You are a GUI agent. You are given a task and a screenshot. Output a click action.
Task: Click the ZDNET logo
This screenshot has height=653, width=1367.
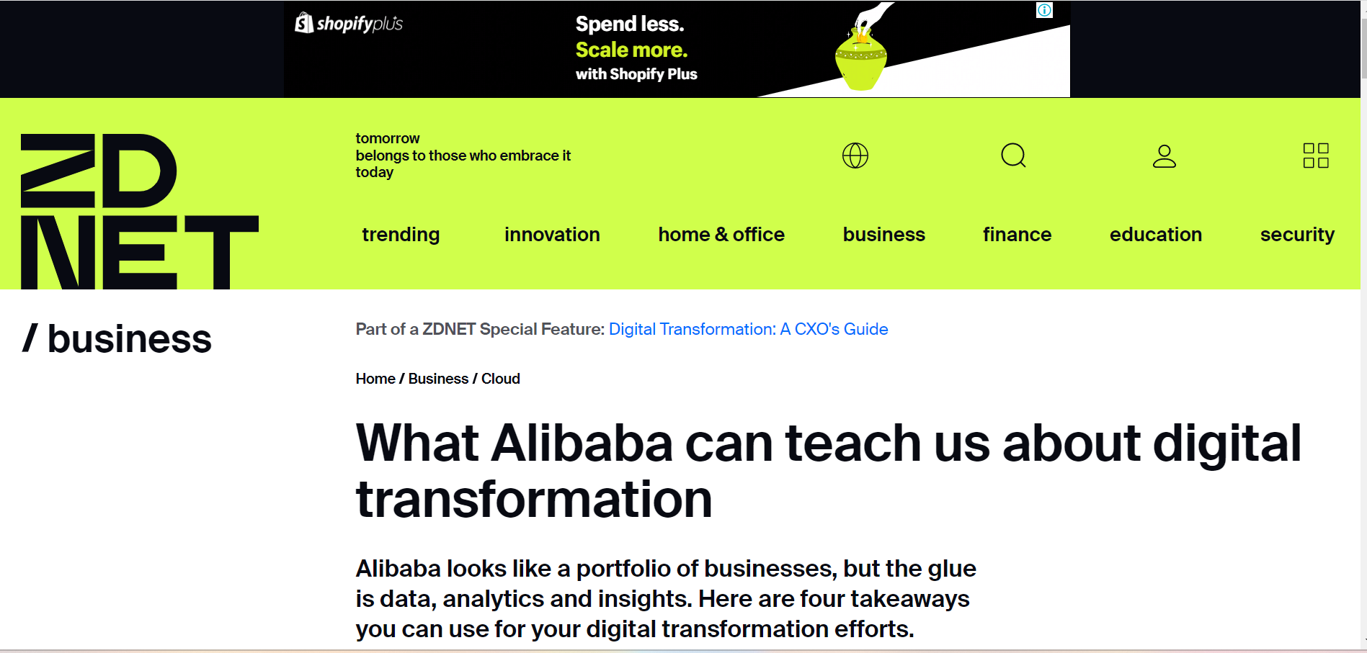139,211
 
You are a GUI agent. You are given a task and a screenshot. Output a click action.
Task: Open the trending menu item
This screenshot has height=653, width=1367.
401,235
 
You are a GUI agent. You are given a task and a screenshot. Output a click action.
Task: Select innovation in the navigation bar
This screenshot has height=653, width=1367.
552,235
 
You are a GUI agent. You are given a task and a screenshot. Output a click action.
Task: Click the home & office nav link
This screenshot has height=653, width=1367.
721,235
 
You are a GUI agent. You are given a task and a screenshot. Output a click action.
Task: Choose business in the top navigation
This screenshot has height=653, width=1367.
884,235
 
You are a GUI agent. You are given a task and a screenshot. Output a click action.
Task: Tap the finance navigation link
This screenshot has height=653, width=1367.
1017,235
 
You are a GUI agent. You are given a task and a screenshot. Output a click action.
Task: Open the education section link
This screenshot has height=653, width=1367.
1156,235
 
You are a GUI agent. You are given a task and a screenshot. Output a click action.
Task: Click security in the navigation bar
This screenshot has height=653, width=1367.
1297,235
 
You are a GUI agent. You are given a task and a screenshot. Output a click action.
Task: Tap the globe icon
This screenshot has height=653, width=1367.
855,156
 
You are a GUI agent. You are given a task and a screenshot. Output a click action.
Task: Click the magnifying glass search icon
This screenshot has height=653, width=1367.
1013,155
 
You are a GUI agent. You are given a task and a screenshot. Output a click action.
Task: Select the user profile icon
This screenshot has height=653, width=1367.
1165,156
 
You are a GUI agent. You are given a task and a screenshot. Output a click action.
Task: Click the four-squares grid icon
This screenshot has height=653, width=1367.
1316,156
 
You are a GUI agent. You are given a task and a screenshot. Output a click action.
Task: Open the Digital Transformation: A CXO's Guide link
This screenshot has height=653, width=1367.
748,329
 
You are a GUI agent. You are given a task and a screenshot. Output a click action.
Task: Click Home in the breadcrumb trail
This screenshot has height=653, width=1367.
375,379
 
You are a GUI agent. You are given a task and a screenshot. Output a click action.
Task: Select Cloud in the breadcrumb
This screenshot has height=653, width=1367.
501,379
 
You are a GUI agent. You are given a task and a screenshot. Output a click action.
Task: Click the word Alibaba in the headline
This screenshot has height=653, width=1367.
582,443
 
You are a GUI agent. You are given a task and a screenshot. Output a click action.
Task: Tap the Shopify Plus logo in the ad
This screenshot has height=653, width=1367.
349,24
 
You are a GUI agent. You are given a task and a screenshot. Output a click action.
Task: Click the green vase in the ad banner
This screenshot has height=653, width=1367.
860,58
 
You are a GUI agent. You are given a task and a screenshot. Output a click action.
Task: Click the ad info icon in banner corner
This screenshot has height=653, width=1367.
1044,10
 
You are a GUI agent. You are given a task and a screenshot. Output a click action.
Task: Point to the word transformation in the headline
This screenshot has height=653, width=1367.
534,500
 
